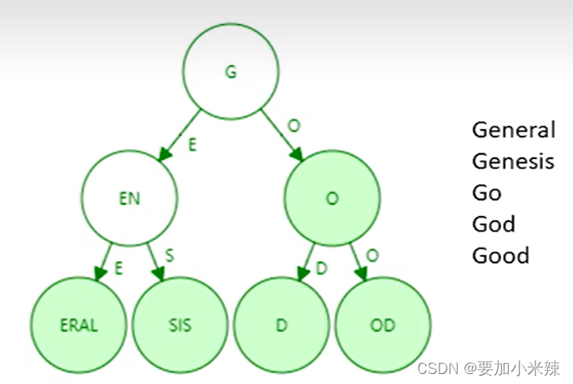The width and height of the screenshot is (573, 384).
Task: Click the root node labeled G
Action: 231,72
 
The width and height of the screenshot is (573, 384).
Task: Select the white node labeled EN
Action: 129,199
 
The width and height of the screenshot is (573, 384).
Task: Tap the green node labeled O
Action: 332,199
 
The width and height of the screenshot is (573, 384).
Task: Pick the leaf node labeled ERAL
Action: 78,324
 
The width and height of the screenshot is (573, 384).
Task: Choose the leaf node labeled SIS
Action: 180,324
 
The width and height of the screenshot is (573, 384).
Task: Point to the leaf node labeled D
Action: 281,324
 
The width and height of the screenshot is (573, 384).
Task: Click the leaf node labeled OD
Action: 383,324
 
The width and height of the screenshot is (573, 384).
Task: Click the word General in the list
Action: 513,130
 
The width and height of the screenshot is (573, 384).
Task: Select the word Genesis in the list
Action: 513,161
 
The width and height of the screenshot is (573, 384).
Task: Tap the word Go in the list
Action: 487,192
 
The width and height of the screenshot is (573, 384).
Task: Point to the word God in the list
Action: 494,223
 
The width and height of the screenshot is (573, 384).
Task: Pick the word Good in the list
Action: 500,255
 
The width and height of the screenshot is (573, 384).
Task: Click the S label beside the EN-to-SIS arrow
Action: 169,255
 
